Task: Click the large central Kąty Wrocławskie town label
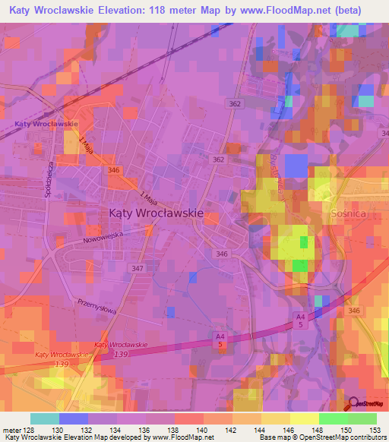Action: [x=156, y=213]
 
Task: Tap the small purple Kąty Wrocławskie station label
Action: [x=46, y=123]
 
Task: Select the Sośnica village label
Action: [x=349, y=214]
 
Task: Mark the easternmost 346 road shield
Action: [x=353, y=311]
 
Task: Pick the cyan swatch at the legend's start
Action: [x=45, y=418]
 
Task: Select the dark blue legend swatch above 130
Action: [x=74, y=418]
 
